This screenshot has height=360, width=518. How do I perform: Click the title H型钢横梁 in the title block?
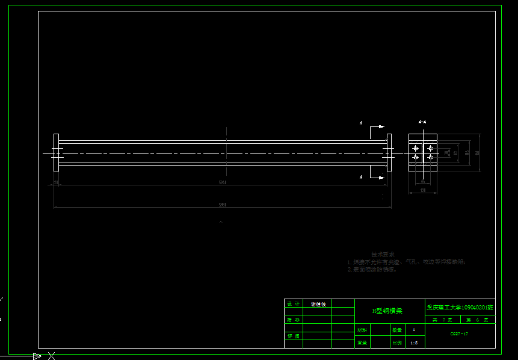(387, 311)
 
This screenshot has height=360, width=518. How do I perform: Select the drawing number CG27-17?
(459, 333)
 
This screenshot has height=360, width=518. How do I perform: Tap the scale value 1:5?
(414, 343)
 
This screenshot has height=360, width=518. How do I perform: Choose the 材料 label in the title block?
(362, 330)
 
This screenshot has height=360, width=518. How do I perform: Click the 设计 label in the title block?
(293, 304)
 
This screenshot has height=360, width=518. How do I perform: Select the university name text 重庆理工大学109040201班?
(460, 307)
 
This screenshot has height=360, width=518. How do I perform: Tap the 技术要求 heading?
(383, 255)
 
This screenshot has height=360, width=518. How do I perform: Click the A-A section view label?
(422, 122)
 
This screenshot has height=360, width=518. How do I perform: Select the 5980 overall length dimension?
(222, 205)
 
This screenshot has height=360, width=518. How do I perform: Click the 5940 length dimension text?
(222, 182)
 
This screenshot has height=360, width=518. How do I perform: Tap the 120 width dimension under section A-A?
(422, 190)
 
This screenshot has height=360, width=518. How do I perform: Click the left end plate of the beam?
(56, 152)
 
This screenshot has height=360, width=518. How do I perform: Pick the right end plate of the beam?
(389, 152)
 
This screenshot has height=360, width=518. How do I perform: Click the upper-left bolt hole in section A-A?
(415, 148)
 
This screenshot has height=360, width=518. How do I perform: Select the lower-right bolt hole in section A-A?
(430, 157)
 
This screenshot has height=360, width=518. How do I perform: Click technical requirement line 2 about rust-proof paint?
(372, 270)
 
